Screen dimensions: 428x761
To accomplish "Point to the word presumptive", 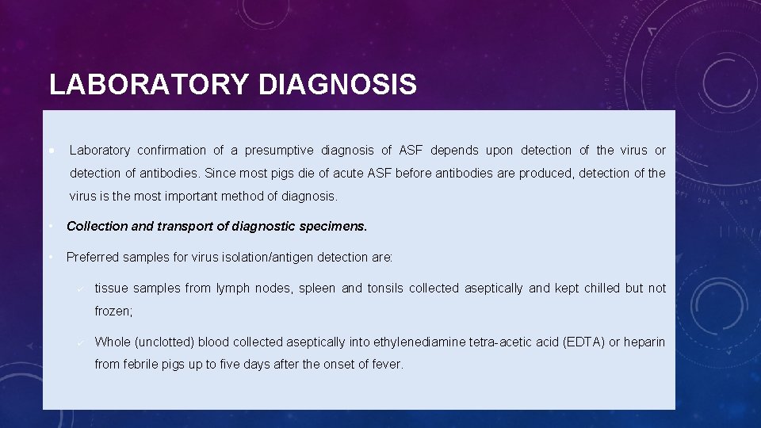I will (x=278, y=150).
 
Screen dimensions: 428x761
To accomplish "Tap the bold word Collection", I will (x=97, y=226).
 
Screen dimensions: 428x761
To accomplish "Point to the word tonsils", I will (x=384, y=288).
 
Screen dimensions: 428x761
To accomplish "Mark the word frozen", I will (x=113, y=311).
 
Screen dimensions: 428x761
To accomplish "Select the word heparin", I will (x=644, y=342).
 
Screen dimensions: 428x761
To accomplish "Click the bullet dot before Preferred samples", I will (x=51, y=257).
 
